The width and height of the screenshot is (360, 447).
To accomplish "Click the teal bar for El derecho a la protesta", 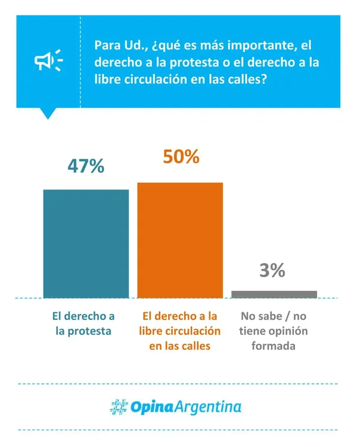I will click(x=86, y=243).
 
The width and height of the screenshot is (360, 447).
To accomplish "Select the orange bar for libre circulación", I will click(x=180, y=240).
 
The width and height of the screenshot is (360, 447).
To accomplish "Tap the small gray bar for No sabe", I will click(x=274, y=294).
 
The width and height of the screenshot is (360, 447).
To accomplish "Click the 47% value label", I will click(x=86, y=166).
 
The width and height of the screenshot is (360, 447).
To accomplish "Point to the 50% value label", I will click(x=180, y=157).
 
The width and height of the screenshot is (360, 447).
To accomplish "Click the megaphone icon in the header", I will click(x=48, y=61).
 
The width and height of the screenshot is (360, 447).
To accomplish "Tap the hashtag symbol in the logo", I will click(x=119, y=406).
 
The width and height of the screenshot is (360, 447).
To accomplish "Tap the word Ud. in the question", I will click(x=129, y=45).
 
